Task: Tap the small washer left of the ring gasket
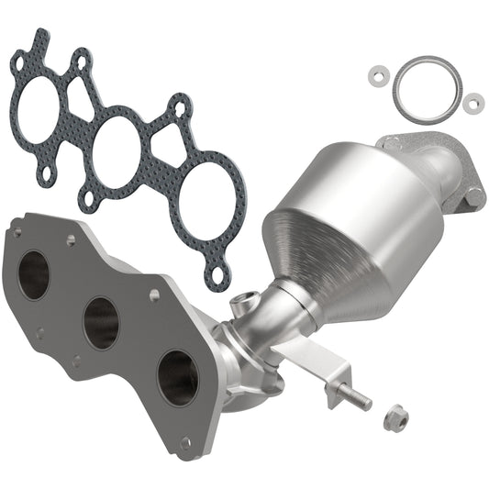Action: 377,73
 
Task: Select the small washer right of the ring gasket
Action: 472,103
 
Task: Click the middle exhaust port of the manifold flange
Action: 101,322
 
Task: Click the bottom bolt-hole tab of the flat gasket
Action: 217,272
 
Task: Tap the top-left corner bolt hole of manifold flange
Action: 16,233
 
